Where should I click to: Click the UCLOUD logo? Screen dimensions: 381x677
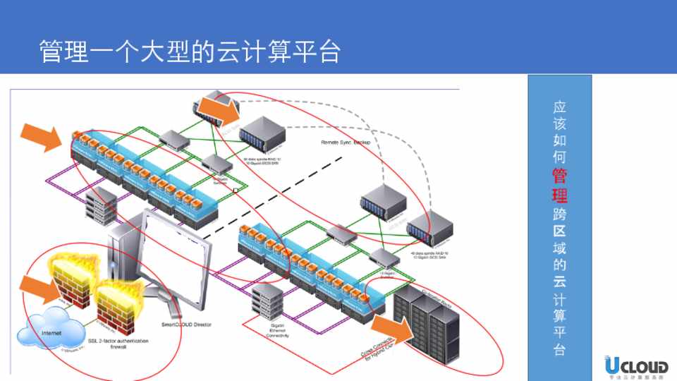point(635,365)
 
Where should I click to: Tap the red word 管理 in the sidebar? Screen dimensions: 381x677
point(559,184)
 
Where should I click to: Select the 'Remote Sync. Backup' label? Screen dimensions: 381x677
point(346,142)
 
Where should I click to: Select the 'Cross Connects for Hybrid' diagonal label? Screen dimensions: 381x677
point(382,349)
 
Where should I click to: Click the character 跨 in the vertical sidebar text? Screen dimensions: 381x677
point(559,212)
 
